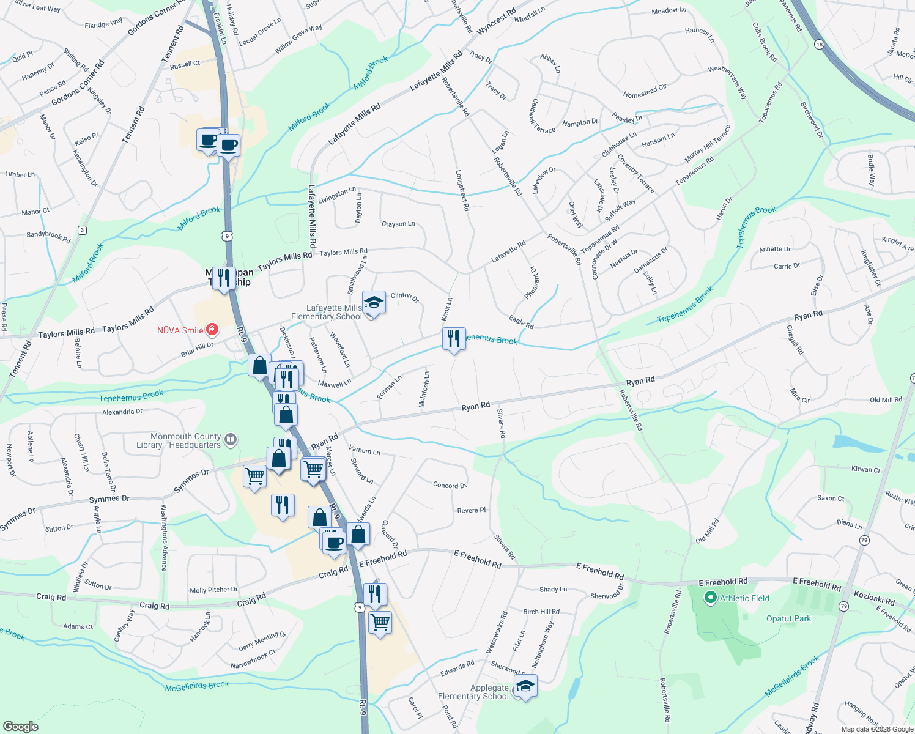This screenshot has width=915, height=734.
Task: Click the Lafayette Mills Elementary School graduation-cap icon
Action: (374, 303)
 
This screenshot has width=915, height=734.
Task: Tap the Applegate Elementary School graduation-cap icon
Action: (525, 686)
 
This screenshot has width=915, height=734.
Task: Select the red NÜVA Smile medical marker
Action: (212, 330)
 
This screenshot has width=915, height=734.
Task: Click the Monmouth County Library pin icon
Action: (231, 439)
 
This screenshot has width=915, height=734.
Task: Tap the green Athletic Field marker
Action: (710, 598)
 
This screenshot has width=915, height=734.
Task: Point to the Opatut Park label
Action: (788, 618)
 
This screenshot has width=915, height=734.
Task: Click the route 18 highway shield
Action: (820, 44)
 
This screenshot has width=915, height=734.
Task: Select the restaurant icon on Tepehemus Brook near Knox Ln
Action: (454, 339)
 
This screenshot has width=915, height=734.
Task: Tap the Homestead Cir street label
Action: (645, 92)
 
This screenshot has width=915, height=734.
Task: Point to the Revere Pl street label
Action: (472, 510)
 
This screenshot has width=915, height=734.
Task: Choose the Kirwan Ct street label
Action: (865, 469)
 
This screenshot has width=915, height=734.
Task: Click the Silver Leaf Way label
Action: (37, 6)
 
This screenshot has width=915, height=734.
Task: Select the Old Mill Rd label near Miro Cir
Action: (886, 400)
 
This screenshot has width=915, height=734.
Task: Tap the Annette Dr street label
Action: (774, 249)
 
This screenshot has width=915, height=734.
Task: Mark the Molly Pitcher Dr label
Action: (213, 590)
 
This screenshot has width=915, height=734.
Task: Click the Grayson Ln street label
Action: (398, 224)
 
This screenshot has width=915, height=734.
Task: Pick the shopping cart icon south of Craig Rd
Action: (380, 622)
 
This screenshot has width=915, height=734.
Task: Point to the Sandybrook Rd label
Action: (48, 237)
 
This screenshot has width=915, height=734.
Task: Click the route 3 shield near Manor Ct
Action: (82, 230)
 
